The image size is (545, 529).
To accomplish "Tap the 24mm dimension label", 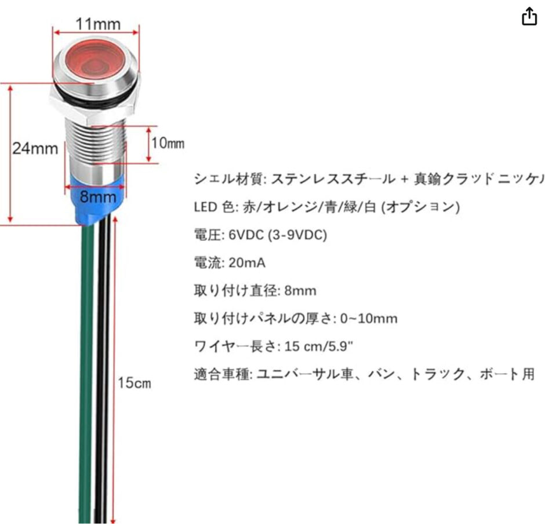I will pos(35,148).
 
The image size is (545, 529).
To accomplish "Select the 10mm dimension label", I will pos(168,143).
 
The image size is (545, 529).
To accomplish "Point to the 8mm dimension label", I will pos(98,196).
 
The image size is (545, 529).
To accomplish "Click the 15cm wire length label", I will pos(135,383).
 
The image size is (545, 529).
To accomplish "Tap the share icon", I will pos(529,18).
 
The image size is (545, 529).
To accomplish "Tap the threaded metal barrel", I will pos(96,145).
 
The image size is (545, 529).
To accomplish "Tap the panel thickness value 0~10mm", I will pos(368,319).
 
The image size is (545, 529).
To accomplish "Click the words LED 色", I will pos(211,207).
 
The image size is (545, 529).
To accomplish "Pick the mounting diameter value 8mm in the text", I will pos(300,291).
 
